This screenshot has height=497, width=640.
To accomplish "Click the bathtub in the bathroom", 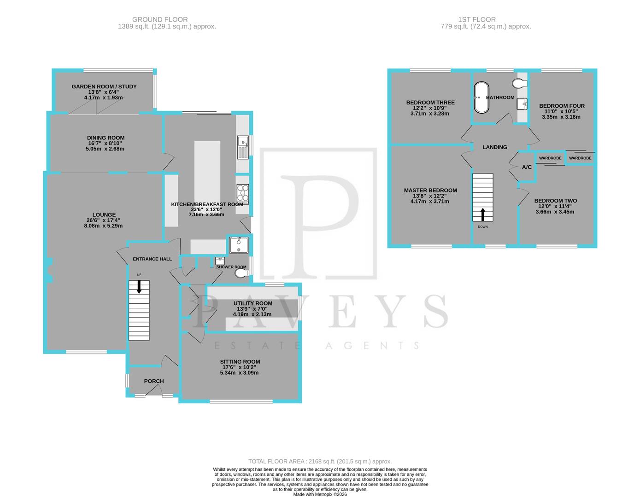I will [x=481, y=98].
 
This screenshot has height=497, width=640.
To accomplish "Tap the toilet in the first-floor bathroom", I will [x=519, y=83].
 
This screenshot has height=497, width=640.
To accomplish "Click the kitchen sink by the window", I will [x=242, y=147].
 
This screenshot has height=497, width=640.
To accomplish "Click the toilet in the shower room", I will [x=241, y=274].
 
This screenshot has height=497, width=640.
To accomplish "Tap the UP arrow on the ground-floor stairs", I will [x=139, y=287].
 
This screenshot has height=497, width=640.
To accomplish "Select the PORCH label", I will [x=154, y=381].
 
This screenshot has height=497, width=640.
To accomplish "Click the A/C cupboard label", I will [x=527, y=167].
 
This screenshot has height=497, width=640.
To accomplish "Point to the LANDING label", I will [x=494, y=147].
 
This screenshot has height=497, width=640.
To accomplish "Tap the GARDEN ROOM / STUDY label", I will [x=104, y=87].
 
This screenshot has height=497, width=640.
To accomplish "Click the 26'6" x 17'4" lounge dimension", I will [x=104, y=220].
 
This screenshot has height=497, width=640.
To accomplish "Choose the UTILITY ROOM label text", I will [x=252, y=303].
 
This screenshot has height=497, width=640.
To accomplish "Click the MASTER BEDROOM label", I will [x=430, y=191].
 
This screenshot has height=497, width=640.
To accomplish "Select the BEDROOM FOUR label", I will [x=562, y=106].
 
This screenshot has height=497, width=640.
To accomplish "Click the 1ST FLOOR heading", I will [x=477, y=19].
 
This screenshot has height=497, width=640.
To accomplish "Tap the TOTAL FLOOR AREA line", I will [x=320, y=461].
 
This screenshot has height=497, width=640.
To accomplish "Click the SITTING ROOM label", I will [x=240, y=362].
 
